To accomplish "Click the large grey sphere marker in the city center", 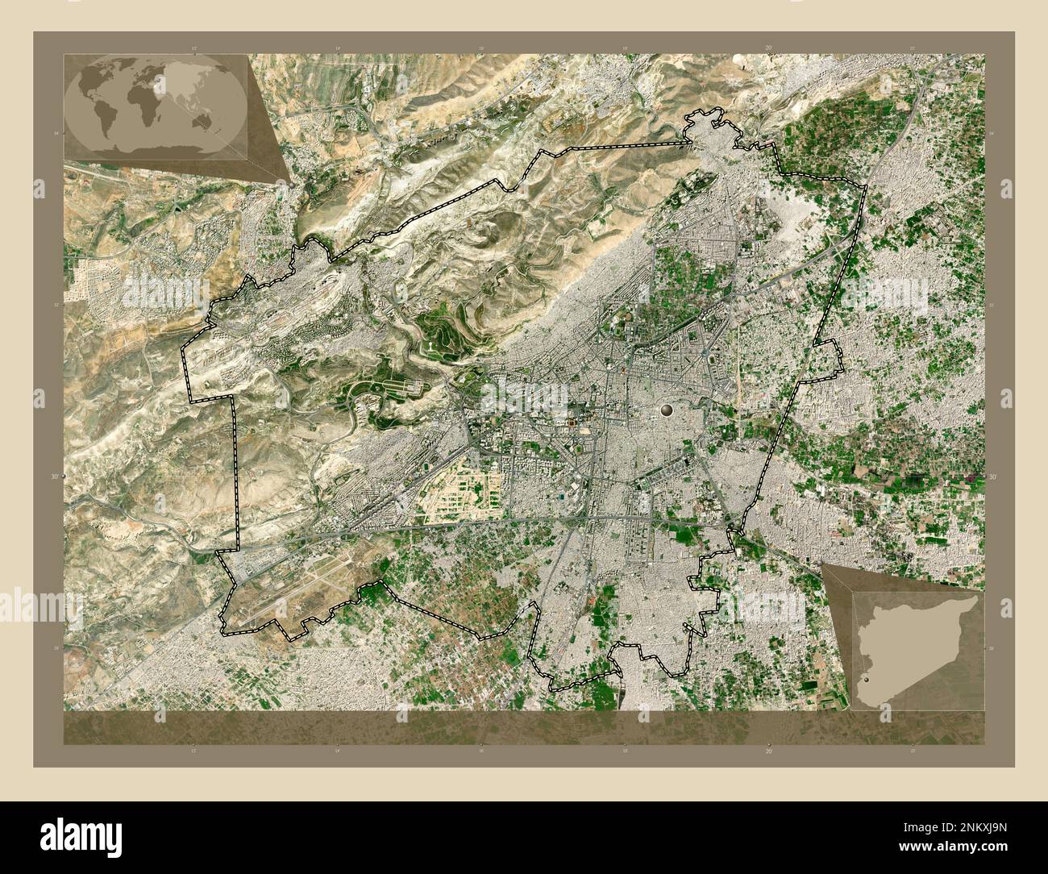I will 667,410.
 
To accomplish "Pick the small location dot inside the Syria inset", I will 867,681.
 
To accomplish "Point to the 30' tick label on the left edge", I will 55,477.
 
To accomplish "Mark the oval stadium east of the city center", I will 713,355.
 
